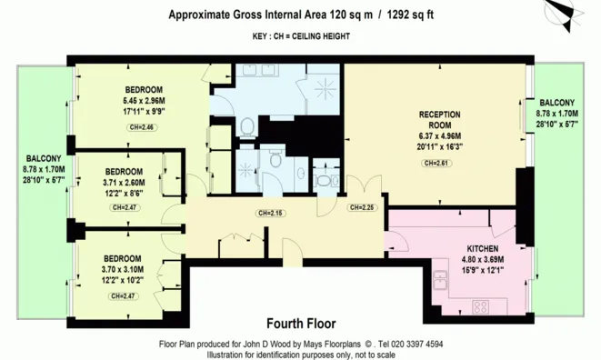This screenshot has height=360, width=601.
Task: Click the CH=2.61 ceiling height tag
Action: tap(436, 163)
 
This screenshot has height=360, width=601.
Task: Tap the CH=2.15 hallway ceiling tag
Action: tap(271, 213)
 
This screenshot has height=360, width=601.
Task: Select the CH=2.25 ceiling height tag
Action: tap(362, 207)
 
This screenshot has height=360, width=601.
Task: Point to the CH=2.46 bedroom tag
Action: tap(142, 127)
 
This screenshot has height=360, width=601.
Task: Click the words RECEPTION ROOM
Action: tap(440, 120)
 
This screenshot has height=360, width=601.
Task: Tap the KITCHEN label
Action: tap(482, 248)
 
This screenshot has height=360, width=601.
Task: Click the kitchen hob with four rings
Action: tap(480, 306)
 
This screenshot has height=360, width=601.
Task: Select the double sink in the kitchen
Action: tap(440, 280)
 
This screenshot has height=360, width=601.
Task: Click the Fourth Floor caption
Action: tap(301, 324)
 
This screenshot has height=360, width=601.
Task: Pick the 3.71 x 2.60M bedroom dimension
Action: tap(124, 183)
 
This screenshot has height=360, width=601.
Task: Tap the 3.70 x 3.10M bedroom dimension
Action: tap(123, 269)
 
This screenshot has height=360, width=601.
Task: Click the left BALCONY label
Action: tap(44, 158)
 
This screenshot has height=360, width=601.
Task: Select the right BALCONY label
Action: tap(557, 103)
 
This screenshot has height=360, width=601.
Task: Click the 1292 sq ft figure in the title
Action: tap(410, 15)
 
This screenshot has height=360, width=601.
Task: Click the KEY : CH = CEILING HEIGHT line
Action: tap(301, 36)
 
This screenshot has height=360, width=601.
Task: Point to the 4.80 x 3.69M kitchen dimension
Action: tap(483, 260)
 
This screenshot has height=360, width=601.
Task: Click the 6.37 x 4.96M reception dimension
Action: tap(440, 136)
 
